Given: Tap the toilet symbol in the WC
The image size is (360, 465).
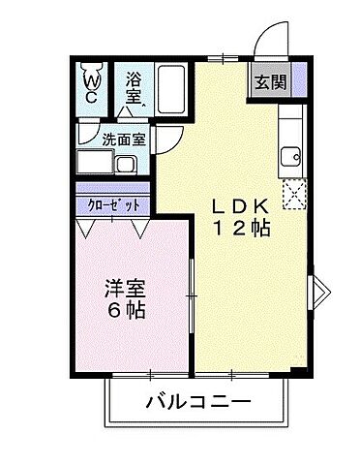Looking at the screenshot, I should [92, 72].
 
